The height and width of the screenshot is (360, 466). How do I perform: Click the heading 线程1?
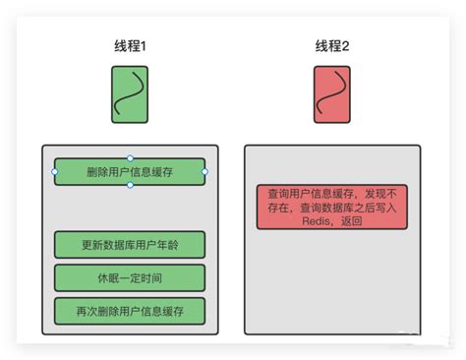pos(131,46)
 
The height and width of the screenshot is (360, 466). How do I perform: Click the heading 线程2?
pos(332,46)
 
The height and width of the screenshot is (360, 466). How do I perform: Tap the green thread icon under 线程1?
pos(130,94)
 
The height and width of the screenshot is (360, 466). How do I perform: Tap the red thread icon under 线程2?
pos(332,94)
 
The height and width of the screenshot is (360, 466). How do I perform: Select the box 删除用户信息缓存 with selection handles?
pos(130,172)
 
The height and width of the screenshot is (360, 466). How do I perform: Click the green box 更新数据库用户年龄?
pos(130,243)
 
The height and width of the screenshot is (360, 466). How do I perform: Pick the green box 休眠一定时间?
pos(130,277)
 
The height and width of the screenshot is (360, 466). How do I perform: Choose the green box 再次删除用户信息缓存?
pos(130,311)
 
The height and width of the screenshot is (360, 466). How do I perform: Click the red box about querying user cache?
pos(332,208)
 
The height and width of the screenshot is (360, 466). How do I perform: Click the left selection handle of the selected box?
pos(54,172)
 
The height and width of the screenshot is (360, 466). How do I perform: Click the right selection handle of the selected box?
pos(205,172)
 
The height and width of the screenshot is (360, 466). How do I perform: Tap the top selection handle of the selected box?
pos(130,158)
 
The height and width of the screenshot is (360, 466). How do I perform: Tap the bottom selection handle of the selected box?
pos(130,186)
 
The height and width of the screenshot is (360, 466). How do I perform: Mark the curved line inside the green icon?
pos(129,95)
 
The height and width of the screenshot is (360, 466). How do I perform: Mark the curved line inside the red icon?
pos(331,95)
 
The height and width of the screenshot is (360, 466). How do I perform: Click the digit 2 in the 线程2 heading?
pos(347,46)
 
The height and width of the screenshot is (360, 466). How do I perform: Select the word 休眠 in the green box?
pos(105,277)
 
